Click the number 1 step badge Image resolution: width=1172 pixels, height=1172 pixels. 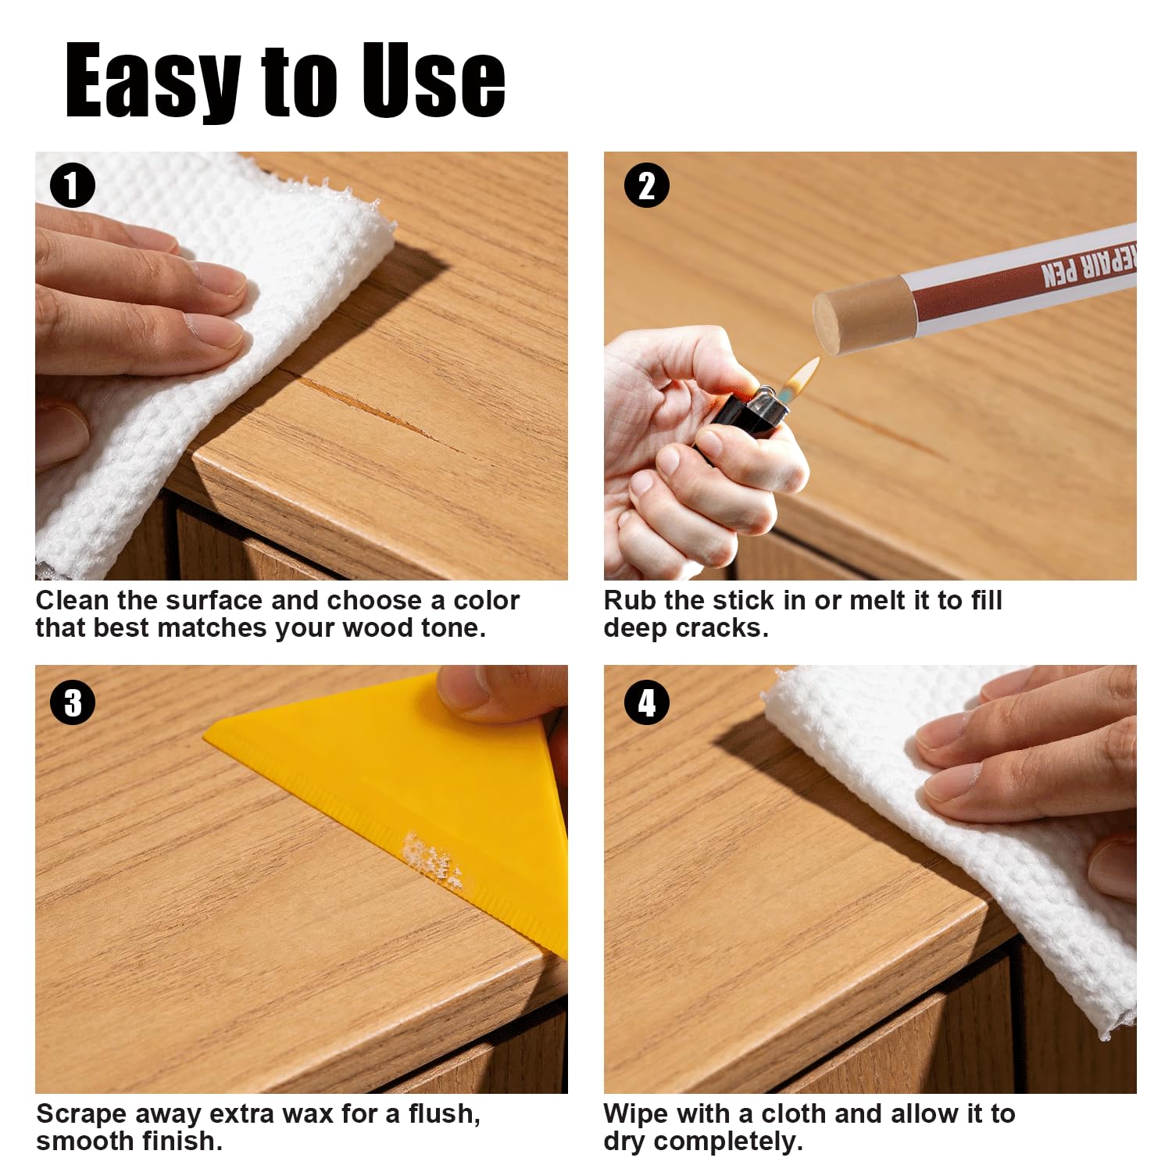(x=72, y=185)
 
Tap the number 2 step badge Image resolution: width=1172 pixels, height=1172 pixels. (x=646, y=185)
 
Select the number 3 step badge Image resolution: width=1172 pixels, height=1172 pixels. (x=73, y=702)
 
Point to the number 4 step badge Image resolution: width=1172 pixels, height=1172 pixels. (x=647, y=702)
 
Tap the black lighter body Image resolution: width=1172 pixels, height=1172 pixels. (x=742, y=418)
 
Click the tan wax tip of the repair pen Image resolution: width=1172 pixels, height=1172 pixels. (x=858, y=316)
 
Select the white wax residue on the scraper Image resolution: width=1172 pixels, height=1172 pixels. (x=432, y=862)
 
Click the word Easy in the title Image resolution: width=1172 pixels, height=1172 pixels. (x=152, y=80)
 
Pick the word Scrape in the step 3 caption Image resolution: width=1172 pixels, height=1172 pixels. (x=80, y=1114)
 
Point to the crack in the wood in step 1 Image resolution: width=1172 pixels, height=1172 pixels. (x=367, y=409)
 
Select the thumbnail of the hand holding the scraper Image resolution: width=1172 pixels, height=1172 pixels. (x=302, y=879)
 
